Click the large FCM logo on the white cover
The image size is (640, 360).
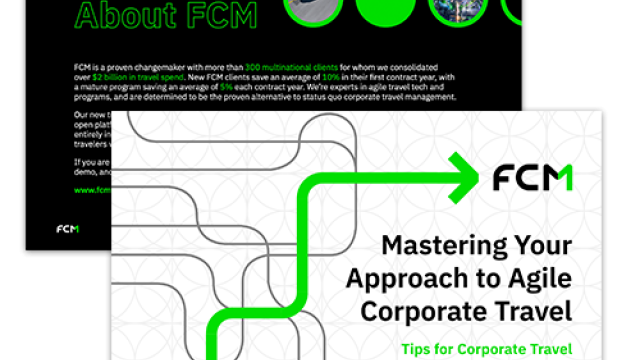point(532,178)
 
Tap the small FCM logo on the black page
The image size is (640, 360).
point(68,229)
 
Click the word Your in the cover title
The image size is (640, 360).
point(545,245)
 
